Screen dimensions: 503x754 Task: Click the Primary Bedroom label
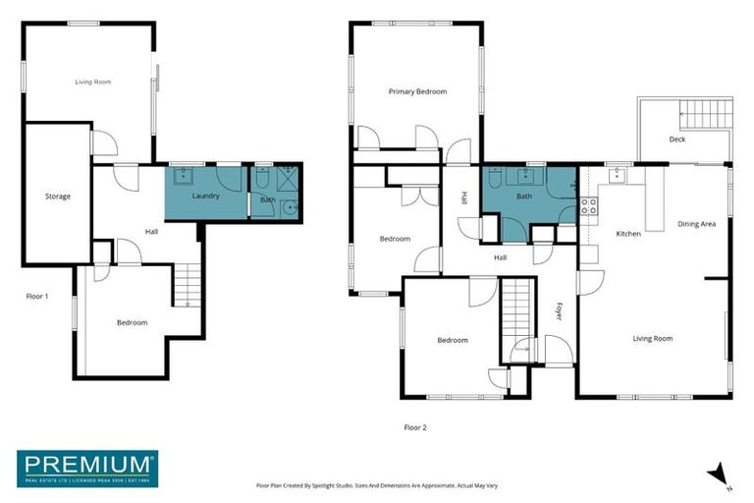click(x=417, y=91)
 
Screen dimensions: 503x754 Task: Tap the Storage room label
click(x=58, y=196)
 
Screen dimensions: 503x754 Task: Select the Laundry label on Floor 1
click(x=205, y=196)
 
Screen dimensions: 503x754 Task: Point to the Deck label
click(x=677, y=140)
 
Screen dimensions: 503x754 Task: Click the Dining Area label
click(x=696, y=224)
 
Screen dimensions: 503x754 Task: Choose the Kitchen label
click(x=628, y=234)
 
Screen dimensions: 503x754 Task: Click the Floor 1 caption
click(x=38, y=296)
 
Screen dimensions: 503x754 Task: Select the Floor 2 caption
click(x=415, y=427)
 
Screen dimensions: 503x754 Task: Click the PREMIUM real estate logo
click(x=86, y=469)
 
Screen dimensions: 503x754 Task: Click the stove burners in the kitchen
click(x=589, y=206)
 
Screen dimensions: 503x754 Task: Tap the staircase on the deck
click(x=708, y=113)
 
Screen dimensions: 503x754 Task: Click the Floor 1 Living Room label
click(x=93, y=82)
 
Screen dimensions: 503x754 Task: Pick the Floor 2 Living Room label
click(x=653, y=339)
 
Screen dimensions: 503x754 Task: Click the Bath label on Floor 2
click(x=524, y=196)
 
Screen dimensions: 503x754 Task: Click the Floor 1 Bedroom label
click(x=133, y=322)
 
